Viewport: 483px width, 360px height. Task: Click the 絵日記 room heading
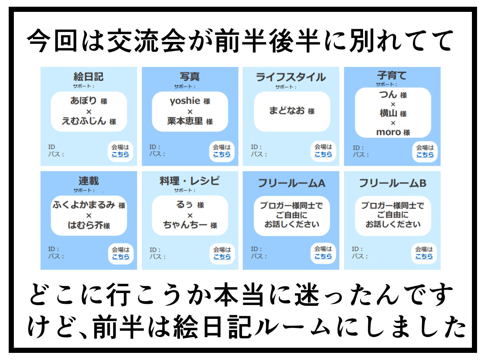point(89,76)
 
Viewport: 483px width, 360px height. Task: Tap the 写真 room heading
point(190,76)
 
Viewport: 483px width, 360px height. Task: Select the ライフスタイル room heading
point(291,77)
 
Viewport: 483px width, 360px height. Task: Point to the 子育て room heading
point(392,75)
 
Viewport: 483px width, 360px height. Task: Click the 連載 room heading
point(89,181)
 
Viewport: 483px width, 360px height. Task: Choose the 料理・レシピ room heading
point(190,181)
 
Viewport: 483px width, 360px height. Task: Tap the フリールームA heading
point(291,183)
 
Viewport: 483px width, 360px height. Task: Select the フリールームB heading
point(392,183)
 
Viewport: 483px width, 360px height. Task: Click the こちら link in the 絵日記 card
point(120,154)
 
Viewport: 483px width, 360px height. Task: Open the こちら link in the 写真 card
point(222,154)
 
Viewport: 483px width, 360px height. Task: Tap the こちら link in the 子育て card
point(425,155)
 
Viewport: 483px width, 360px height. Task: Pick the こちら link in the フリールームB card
point(424,256)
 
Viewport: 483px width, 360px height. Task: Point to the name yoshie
point(184,101)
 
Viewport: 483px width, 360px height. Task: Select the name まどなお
point(287,111)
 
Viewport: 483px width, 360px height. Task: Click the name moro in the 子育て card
point(388,132)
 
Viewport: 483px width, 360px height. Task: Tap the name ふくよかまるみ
point(84,205)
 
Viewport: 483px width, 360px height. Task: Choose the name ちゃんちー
point(185,225)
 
